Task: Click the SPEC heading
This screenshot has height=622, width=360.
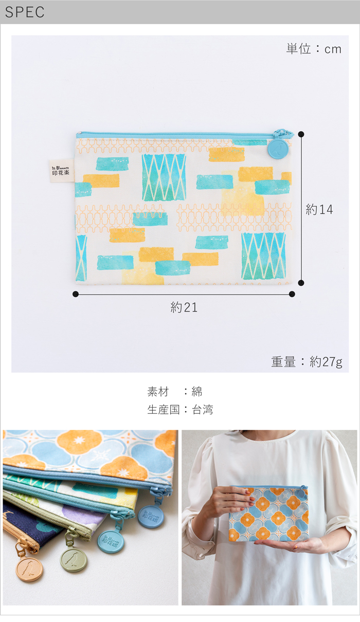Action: pos(25,12)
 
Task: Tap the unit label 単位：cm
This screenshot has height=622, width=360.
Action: pos(314,49)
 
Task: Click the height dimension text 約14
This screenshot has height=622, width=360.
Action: pos(319,209)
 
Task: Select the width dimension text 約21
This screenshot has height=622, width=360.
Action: pos(184,307)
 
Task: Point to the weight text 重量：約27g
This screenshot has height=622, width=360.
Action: pos(307,362)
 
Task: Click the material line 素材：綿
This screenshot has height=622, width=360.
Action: pos(174,392)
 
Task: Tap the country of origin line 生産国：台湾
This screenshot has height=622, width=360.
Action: pos(180,410)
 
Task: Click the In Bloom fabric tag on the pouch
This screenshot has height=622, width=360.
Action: pos(62,171)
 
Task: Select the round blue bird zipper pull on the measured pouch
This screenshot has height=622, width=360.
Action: pos(278,150)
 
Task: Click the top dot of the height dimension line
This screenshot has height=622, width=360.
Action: pos(301,134)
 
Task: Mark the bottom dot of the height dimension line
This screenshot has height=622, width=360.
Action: pos(301,283)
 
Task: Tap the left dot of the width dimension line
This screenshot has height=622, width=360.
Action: pos(75,294)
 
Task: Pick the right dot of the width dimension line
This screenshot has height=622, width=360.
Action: pos(292,294)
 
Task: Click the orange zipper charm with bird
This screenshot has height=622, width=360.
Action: pos(29,570)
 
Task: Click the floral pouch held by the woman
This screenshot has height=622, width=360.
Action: pos(268,514)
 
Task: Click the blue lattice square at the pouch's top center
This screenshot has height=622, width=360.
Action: pos(164,177)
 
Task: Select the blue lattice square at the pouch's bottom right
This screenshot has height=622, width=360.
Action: pos(264,256)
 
